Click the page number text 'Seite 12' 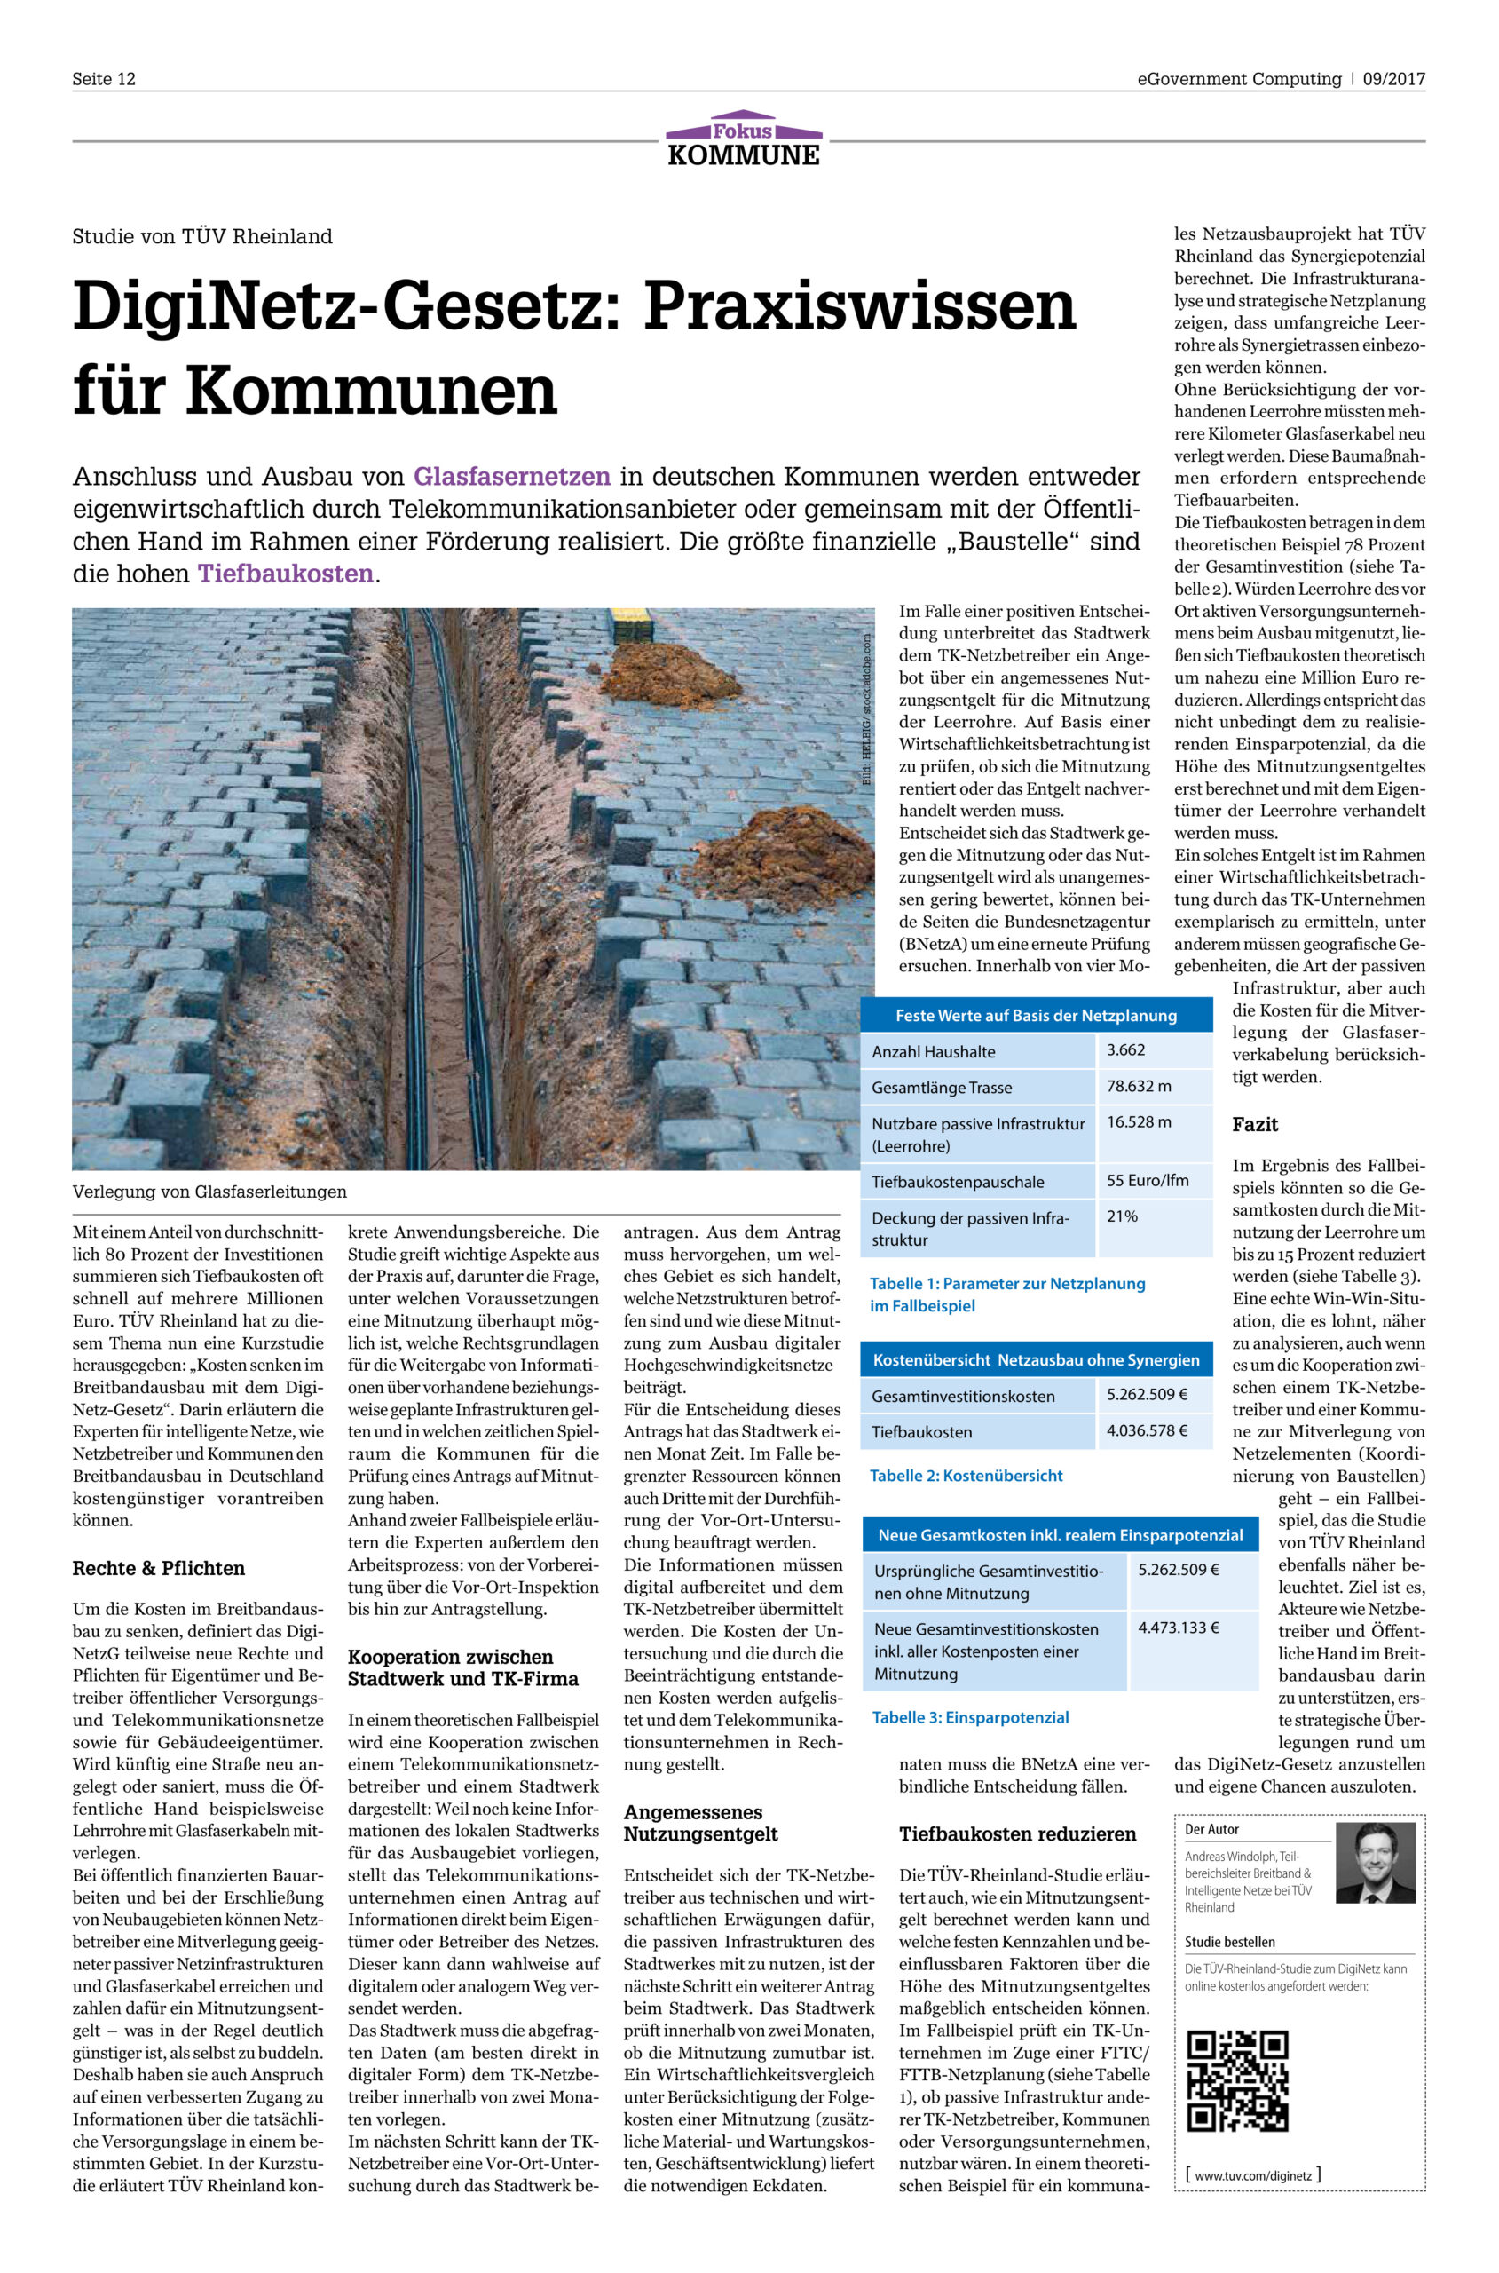pyautogui.click(x=104, y=79)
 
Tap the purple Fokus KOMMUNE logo pyautogui.click(x=744, y=139)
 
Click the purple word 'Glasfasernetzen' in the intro pyautogui.click(x=511, y=476)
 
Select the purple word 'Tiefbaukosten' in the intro pyautogui.click(x=286, y=574)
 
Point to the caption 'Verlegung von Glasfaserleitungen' pyautogui.click(x=209, y=1192)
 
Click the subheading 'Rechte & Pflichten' pyautogui.click(x=159, y=1568)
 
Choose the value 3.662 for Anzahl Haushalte pyautogui.click(x=1126, y=1050)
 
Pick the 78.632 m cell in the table pyautogui.click(x=1139, y=1086)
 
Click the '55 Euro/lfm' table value pyautogui.click(x=1148, y=1180)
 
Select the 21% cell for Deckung pyautogui.click(x=1123, y=1216)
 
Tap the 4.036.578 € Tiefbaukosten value pyautogui.click(x=1148, y=1430)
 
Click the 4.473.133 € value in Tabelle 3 pyautogui.click(x=1178, y=1628)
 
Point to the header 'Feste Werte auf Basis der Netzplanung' pyautogui.click(x=1037, y=1016)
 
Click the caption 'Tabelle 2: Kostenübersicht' pyautogui.click(x=966, y=1476)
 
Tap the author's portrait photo pyautogui.click(x=1375, y=1862)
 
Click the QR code pyautogui.click(x=1237, y=2081)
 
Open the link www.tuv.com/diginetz pyautogui.click(x=1252, y=2175)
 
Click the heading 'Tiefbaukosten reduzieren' pyautogui.click(x=1017, y=1834)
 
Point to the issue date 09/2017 pyautogui.click(x=1394, y=79)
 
